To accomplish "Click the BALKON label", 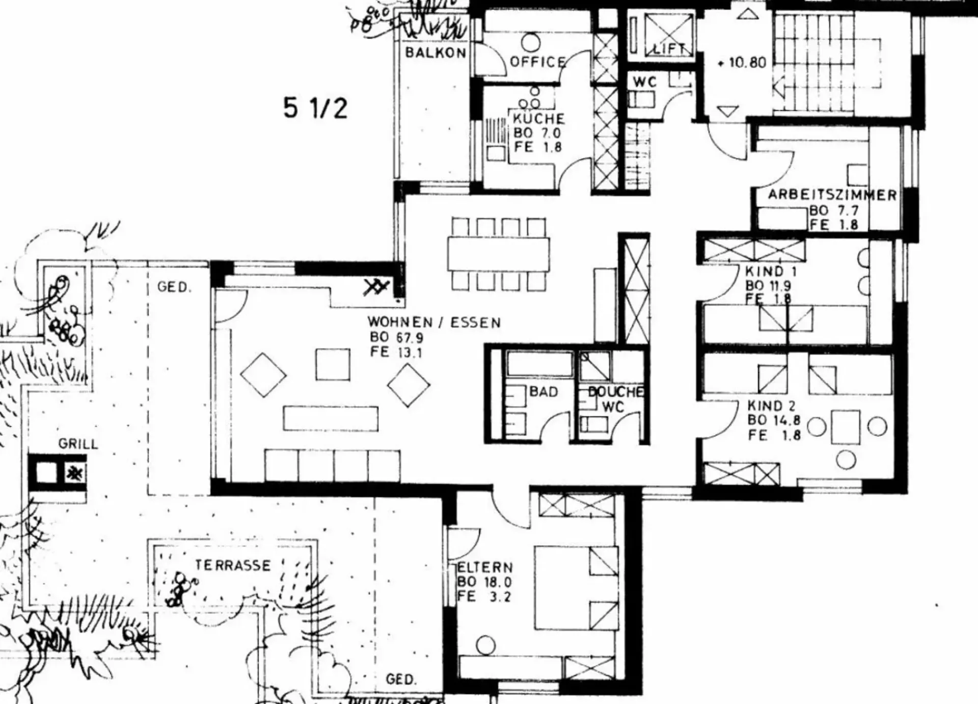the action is pyautogui.click(x=436, y=52).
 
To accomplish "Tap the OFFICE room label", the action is pyautogui.click(x=538, y=62).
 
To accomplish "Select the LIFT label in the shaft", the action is pyautogui.click(x=669, y=49).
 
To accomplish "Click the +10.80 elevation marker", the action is pyautogui.click(x=742, y=63).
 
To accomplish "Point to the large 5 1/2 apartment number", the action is pyautogui.click(x=315, y=108).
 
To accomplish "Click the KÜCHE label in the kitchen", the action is pyautogui.click(x=538, y=119).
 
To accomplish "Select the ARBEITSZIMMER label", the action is pyautogui.click(x=832, y=195).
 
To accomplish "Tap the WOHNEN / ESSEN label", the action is pyautogui.click(x=434, y=322).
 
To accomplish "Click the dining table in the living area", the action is pyautogui.click(x=499, y=254).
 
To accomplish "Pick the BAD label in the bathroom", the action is pyautogui.click(x=544, y=392).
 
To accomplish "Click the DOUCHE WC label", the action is pyautogui.click(x=615, y=399).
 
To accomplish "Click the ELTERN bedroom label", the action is pyautogui.click(x=485, y=567).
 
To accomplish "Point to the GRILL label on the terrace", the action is pyautogui.click(x=78, y=444).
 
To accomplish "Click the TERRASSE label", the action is pyautogui.click(x=233, y=565).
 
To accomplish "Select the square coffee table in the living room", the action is pyautogui.click(x=333, y=365).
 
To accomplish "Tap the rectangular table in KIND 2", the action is pyautogui.click(x=846, y=427).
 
